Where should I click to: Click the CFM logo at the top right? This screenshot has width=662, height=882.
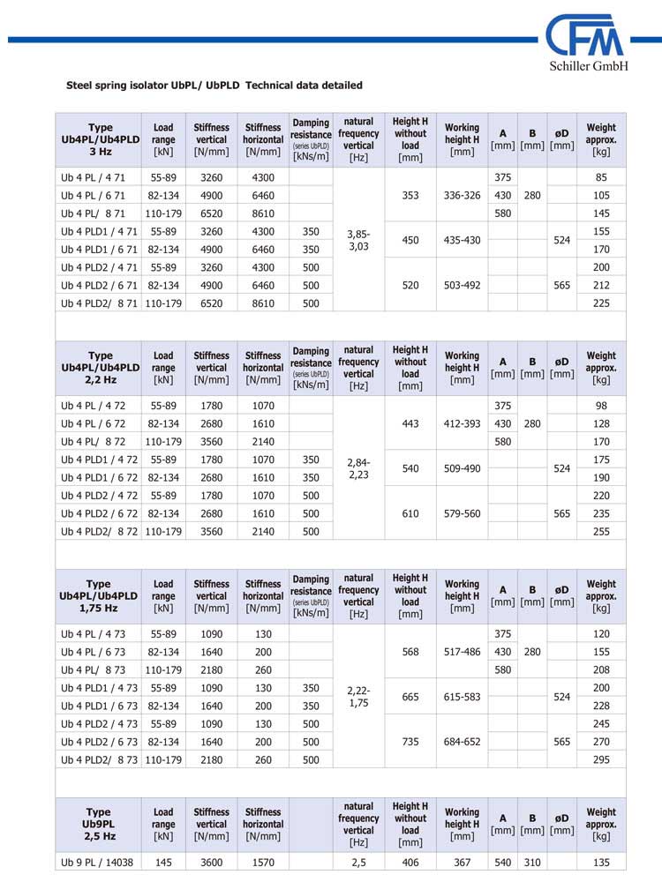click(x=585, y=38)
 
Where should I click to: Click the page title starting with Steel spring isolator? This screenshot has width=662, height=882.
click(x=214, y=86)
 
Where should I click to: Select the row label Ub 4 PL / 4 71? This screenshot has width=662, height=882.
click(x=94, y=177)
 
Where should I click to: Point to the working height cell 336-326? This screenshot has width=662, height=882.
click(x=462, y=195)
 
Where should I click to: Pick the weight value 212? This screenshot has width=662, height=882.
click(x=601, y=284)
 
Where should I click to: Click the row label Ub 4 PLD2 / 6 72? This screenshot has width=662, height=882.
click(x=96, y=512)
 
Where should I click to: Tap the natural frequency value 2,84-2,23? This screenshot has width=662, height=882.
click(x=358, y=467)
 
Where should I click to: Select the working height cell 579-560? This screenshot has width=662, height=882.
click(x=462, y=512)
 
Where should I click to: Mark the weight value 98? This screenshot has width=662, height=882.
click(x=601, y=406)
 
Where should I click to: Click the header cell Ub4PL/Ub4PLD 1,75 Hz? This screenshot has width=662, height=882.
click(x=100, y=595)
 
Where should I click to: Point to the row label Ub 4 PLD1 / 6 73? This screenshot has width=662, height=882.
click(x=96, y=706)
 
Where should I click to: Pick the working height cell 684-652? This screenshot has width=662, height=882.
click(x=462, y=742)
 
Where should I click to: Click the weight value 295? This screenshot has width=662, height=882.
click(x=601, y=759)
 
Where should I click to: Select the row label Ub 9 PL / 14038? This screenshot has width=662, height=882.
click(x=96, y=862)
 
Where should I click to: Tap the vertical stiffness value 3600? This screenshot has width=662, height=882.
click(x=211, y=862)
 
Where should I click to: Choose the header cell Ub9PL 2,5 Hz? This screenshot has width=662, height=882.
click(x=100, y=824)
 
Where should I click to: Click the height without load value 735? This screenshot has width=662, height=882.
click(x=410, y=742)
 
